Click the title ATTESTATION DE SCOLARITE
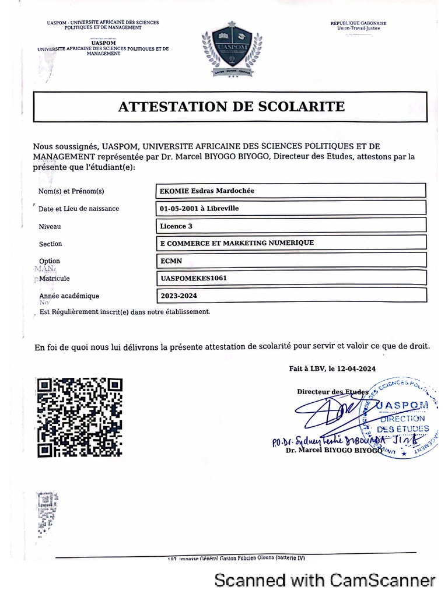(232, 107)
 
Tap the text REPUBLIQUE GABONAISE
(358, 23)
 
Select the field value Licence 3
(173, 226)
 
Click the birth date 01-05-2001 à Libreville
(199, 208)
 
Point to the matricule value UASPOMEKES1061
(193, 278)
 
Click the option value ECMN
(169, 261)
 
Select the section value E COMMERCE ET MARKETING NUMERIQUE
(236, 243)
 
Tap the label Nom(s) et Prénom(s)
(71, 191)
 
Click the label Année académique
(69, 296)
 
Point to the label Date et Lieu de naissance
(79, 209)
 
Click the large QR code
(80, 417)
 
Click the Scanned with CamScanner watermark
(325, 580)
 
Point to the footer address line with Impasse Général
(236, 558)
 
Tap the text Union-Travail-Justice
(358, 29)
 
